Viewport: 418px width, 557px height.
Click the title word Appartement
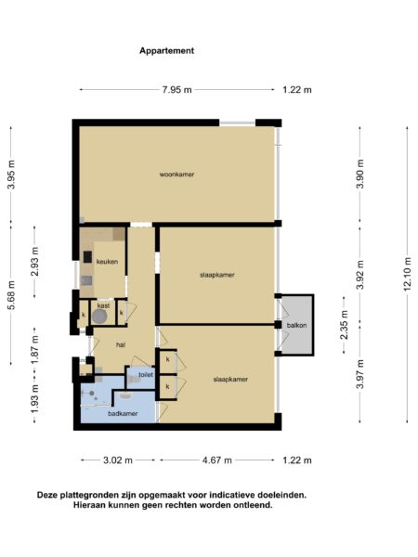(166, 51)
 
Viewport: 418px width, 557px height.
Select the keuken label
(106, 262)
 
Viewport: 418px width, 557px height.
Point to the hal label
(120, 343)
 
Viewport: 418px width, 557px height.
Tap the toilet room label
(145, 374)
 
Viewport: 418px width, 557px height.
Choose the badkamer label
(123, 413)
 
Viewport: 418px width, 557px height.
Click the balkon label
(296, 325)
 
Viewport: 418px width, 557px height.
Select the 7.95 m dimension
(176, 89)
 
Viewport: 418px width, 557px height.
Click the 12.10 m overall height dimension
(406, 274)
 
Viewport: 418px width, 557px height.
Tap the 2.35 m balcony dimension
(344, 325)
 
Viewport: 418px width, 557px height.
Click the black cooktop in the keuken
(87, 256)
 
